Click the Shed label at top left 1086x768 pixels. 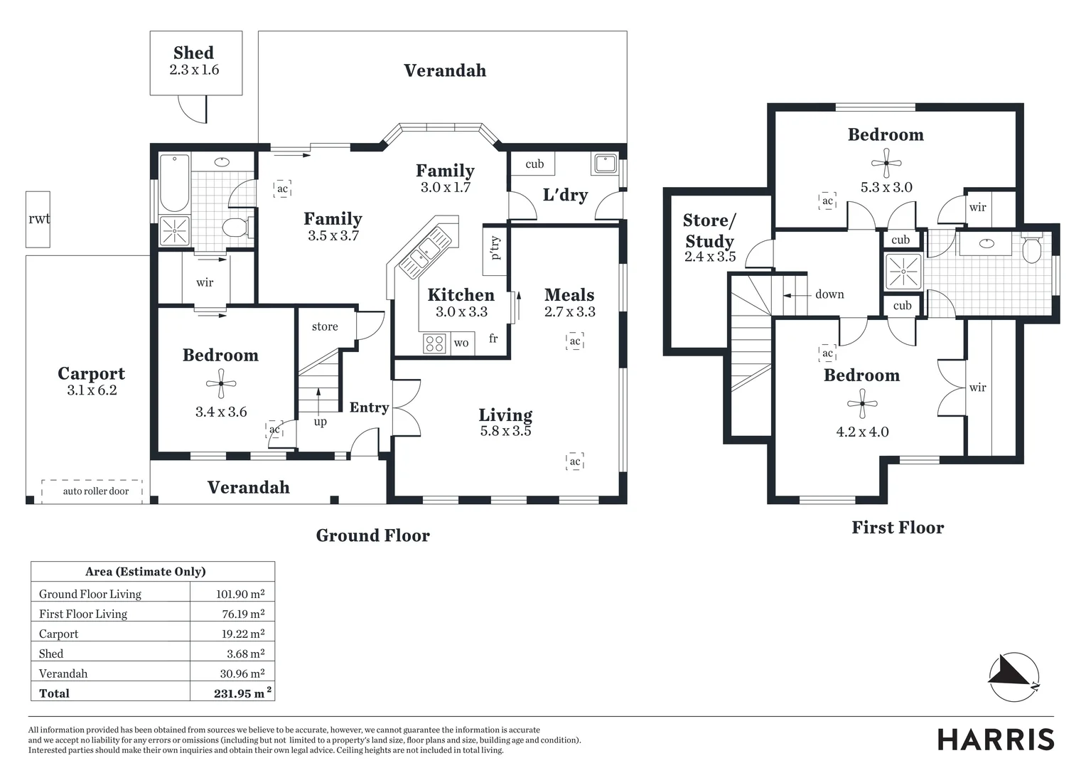pos(193,53)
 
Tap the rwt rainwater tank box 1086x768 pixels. pos(38,219)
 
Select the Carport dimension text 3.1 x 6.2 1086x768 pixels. pos(91,390)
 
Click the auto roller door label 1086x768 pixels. pos(95,491)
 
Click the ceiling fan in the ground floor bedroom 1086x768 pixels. pos(221,385)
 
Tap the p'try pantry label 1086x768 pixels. pos(495,248)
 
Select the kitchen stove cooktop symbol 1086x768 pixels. pos(434,343)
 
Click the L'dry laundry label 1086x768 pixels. pos(565,195)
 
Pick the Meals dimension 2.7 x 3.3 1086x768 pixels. pos(569,311)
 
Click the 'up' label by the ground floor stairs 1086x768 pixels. pos(321,422)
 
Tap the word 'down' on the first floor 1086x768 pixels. pos(829,294)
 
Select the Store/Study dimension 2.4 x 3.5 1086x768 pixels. pos(709,257)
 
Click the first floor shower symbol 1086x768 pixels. pos(903,272)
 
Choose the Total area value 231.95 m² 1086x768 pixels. pos(242,693)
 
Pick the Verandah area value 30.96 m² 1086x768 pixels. pos(242,673)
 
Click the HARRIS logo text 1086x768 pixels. pos(996,740)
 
